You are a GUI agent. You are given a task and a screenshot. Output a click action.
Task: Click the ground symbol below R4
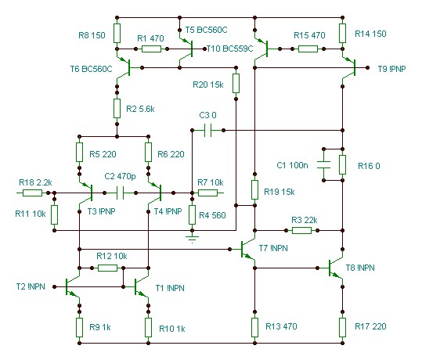[x=192, y=238]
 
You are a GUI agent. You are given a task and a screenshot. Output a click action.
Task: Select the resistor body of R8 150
[x=117, y=33]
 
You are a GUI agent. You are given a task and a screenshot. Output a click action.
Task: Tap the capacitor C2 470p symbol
[x=121, y=193]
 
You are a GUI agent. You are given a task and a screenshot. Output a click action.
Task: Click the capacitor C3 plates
[x=207, y=130]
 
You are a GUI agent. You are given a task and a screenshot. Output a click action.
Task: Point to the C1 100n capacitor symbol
[x=323, y=164]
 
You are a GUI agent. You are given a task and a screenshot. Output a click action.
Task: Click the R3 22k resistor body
[x=301, y=230]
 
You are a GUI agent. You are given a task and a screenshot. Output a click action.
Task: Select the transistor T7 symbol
[x=247, y=249]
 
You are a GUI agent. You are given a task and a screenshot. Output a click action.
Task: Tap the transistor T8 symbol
[x=335, y=268]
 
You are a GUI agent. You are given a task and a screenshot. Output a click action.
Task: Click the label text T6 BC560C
[x=92, y=69]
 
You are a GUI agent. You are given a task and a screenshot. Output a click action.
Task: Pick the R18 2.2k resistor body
[x=32, y=193]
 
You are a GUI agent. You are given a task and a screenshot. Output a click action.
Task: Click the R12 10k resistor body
[x=107, y=268]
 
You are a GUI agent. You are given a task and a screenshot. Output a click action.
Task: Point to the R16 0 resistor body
[x=342, y=164]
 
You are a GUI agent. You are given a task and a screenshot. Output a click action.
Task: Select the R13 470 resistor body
[x=254, y=327]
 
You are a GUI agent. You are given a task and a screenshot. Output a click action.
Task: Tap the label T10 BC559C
[x=230, y=49]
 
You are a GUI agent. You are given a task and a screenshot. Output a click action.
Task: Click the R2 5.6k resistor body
[x=117, y=108]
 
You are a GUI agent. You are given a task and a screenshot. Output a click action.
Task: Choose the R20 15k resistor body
[x=236, y=84]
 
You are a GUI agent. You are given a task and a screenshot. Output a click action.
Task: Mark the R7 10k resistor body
[x=207, y=193]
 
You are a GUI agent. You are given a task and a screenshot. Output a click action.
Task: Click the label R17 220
[x=370, y=326]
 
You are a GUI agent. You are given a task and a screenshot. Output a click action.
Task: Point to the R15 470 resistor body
[x=308, y=49]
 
